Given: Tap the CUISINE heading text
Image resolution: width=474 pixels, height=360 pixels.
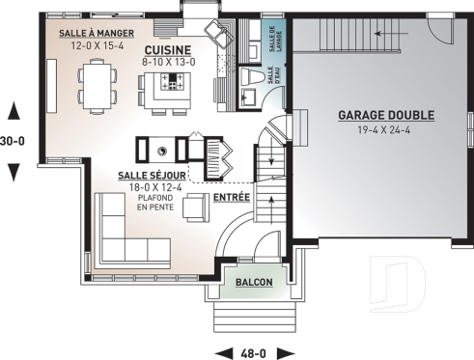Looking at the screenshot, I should [168, 49].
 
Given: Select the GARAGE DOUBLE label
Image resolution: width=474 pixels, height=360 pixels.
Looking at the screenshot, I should [385, 115].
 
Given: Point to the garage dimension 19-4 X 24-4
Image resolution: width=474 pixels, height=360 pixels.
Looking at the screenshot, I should [385, 128].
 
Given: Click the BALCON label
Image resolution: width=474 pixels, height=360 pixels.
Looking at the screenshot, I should [252, 283].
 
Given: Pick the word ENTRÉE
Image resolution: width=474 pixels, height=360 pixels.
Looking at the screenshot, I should [232, 197].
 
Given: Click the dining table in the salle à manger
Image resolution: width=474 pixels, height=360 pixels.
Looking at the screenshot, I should [97, 83].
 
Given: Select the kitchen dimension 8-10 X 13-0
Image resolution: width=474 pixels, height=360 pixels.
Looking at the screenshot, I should [168, 62].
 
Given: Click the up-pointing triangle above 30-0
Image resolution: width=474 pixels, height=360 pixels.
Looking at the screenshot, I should [14, 109].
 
